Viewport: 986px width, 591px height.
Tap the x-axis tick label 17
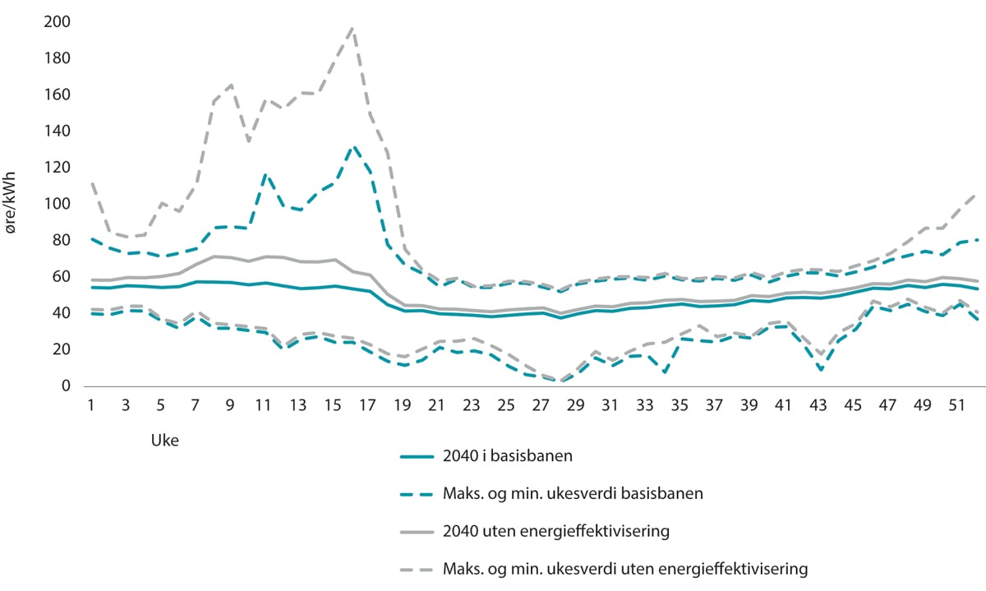[367, 407]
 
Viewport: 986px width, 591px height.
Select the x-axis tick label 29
[575, 407]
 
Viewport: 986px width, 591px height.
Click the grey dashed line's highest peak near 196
[352, 28]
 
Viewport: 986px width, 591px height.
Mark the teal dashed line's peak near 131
[352, 147]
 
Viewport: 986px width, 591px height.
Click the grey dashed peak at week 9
[230, 85]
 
